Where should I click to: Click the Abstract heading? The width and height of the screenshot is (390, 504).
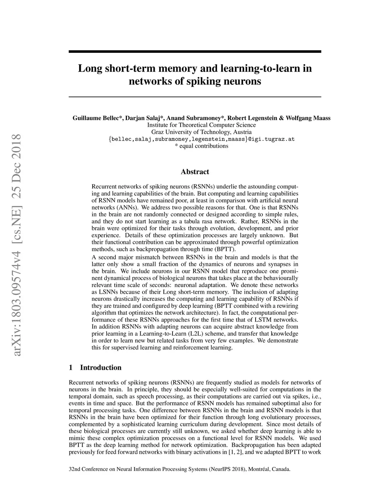click(195, 172)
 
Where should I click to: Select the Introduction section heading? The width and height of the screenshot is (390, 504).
click(101, 367)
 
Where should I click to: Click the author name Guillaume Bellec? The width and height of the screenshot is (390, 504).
click(97, 118)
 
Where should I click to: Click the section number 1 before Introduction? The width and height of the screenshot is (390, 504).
click(70, 367)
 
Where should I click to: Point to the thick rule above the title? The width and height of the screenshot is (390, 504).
click(195, 51)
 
